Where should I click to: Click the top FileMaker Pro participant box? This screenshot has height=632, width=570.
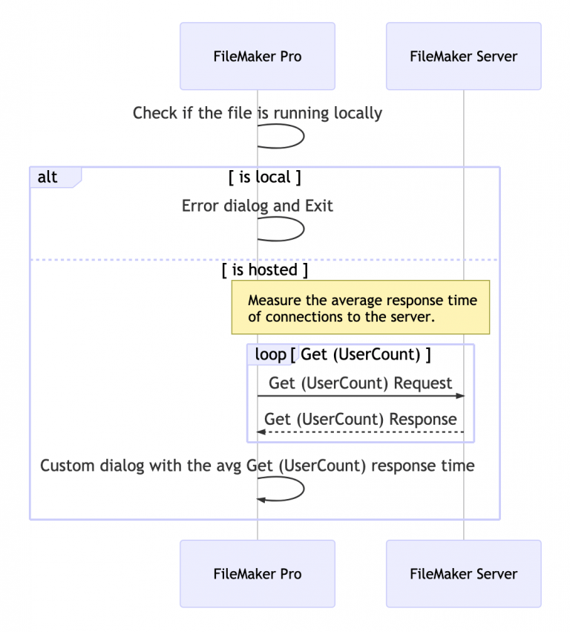[x=257, y=56]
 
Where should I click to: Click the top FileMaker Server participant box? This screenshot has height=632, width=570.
[x=463, y=56]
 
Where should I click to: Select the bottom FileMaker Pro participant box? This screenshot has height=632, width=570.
[x=257, y=573]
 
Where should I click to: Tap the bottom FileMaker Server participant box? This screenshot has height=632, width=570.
[x=463, y=573]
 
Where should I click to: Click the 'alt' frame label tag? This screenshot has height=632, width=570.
[x=49, y=177]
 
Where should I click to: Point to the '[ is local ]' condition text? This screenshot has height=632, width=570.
[x=264, y=177]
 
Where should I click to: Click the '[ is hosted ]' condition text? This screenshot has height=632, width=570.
[x=264, y=270]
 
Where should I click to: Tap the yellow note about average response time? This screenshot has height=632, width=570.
[x=361, y=307]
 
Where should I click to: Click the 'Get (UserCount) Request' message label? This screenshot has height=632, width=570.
[x=360, y=383]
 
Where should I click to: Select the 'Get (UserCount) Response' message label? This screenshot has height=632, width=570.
[x=360, y=419]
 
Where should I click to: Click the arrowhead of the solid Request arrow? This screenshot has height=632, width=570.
[x=459, y=396]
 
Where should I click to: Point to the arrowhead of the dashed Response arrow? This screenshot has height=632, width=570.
[x=261, y=431]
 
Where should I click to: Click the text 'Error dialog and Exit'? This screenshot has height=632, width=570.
[x=257, y=206]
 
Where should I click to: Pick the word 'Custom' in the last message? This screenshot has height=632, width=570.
[x=65, y=466]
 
